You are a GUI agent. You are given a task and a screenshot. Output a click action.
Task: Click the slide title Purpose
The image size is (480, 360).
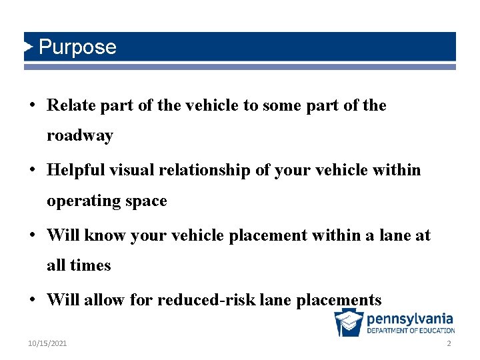pos(77,47)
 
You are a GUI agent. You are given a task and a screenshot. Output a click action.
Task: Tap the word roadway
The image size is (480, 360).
pos(80,135)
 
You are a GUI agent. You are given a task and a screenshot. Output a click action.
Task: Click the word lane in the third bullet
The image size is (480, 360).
pos(389,235)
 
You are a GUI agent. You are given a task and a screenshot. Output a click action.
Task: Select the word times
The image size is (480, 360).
pos(91,265)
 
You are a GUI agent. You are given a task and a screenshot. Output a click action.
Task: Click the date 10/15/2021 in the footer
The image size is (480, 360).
pos(47,343)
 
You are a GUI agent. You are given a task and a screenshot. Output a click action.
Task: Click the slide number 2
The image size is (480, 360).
pos(449,343)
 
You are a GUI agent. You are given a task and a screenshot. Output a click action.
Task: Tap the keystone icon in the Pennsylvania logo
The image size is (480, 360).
pos(349,323)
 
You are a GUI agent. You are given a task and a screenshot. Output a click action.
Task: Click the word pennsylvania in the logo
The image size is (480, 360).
pos(410,318)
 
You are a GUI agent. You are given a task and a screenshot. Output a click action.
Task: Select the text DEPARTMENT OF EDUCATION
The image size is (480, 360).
pos(411,331)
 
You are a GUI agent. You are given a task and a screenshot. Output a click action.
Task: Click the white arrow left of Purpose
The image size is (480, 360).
pos(29,47)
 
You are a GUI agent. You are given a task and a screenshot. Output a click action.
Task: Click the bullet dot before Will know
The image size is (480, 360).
pos(33,236)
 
